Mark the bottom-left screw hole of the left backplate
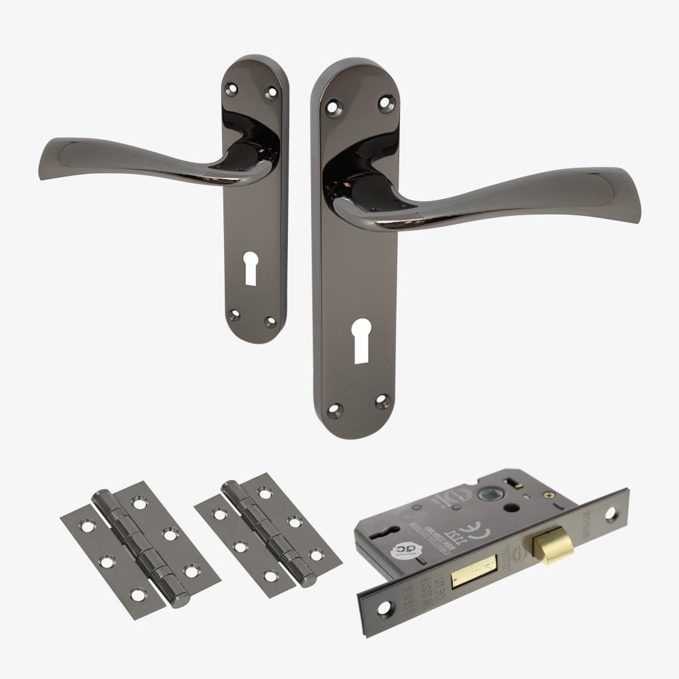pyautogui.click(x=235, y=313)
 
